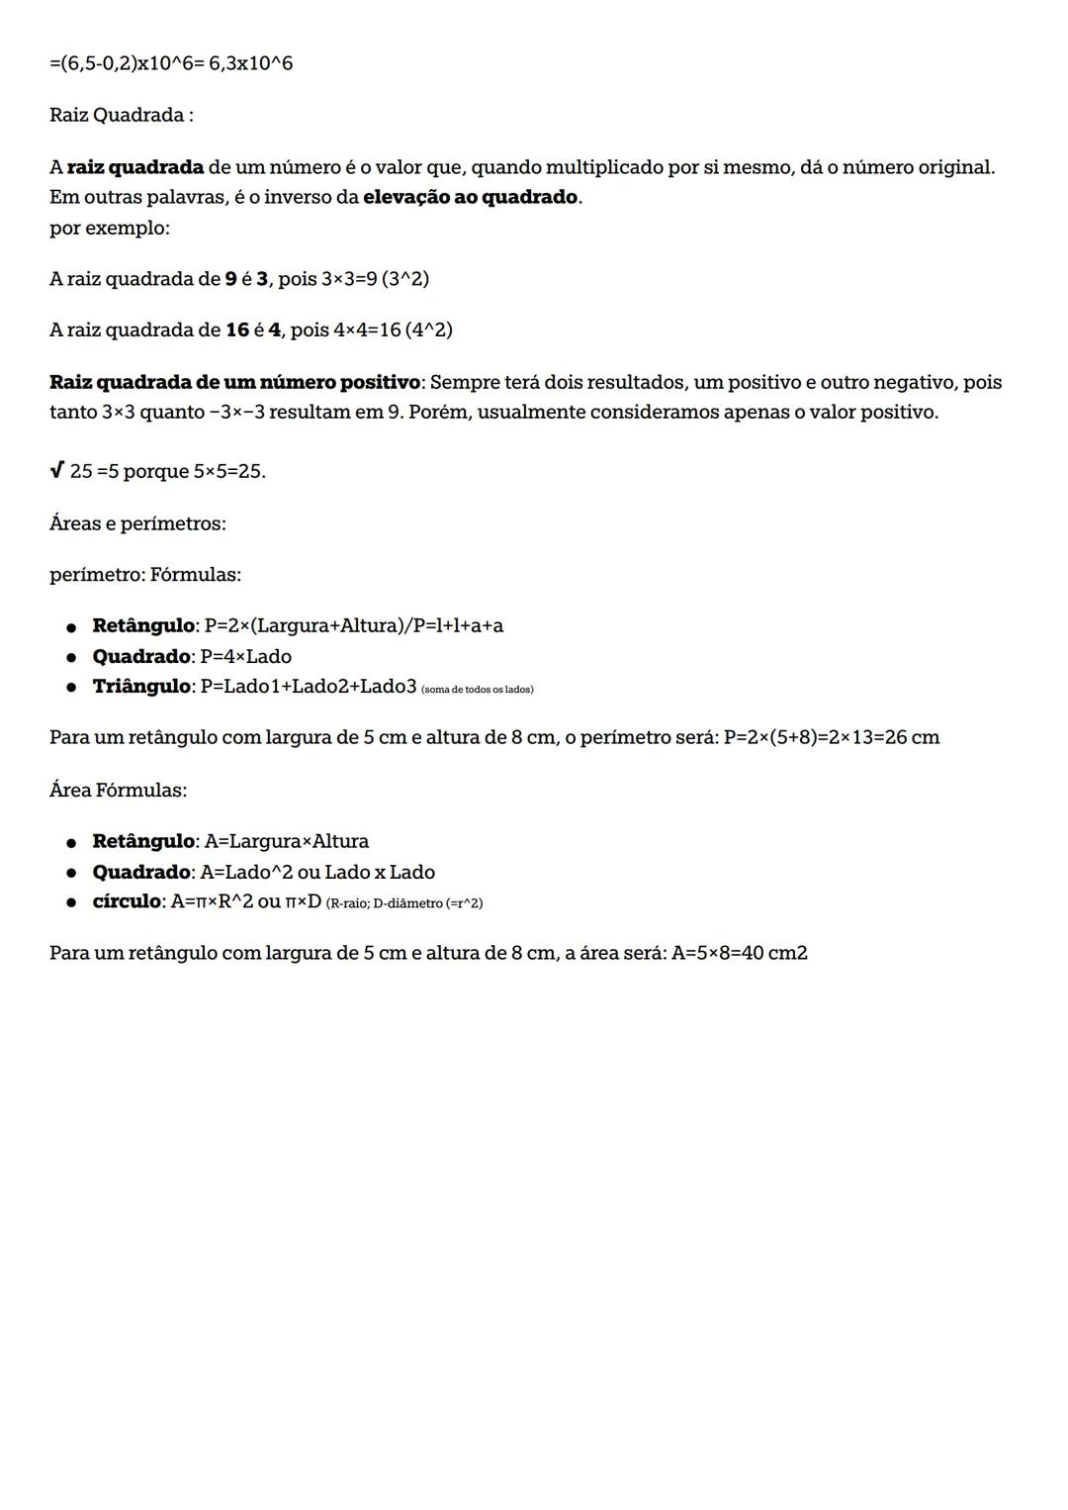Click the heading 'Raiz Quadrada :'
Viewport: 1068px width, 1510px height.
(121, 115)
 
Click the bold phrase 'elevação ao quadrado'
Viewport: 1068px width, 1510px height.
(470, 197)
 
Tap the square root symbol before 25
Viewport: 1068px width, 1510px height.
(56, 470)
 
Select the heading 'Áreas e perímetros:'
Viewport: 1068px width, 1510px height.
(137, 523)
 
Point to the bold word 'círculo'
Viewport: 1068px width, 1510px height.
(127, 901)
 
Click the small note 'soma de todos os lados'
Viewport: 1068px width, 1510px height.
(477, 689)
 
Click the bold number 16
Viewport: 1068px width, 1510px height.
(237, 330)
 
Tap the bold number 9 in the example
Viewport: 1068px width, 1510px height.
(231, 279)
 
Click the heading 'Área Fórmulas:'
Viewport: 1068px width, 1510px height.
(118, 790)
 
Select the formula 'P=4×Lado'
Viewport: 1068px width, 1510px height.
(245, 656)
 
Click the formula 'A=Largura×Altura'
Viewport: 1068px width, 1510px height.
(286, 841)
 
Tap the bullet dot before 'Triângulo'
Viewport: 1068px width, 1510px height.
(71, 688)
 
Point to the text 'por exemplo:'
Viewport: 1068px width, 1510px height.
(109, 228)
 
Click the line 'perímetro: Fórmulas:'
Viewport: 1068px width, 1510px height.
(145, 574)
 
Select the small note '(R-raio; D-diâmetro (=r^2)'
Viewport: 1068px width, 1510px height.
(403, 903)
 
